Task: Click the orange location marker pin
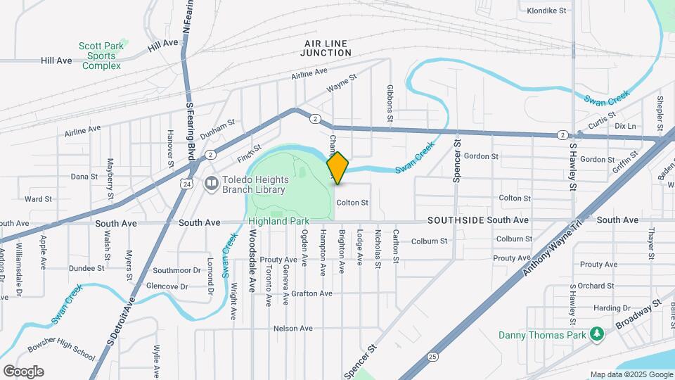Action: pos(338,167)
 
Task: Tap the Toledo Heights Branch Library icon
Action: pos(211,183)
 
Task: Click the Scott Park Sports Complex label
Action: pos(101,56)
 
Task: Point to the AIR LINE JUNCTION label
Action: pos(326,48)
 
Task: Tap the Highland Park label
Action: pos(279,221)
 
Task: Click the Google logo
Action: pos(23,371)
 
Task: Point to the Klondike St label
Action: pos(547,11)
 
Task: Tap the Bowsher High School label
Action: pos(61,352)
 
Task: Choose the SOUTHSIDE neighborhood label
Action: pos(456,220)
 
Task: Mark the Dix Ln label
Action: pos(624,126)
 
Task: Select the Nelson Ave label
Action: pos(292,329)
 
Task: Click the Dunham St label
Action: pos(217,127)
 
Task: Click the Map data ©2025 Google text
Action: pos(631,374)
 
